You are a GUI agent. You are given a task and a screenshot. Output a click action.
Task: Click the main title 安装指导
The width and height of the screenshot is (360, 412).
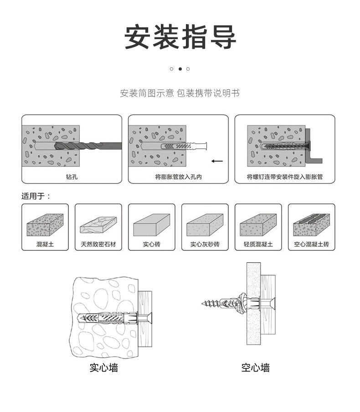tap(180, 36)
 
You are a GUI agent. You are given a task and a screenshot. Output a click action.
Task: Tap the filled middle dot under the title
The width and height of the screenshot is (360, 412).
tap(180, 69)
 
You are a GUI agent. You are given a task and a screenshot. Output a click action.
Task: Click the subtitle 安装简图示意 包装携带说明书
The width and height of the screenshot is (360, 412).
tap(180, 93)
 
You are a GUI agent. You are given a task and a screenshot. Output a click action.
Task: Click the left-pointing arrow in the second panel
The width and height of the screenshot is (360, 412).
tap(217, 161)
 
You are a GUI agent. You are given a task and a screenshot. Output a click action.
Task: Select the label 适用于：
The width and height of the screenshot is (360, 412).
tap(36, 196)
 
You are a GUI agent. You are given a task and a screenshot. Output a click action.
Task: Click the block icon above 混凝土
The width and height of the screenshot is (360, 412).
tap(45, 224)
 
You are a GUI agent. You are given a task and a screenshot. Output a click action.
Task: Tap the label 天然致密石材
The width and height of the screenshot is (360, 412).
tap(98, 244)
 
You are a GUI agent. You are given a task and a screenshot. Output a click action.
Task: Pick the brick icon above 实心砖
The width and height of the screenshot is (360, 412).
tap(151, 224)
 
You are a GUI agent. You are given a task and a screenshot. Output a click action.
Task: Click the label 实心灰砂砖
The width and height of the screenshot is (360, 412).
tap(205, 244)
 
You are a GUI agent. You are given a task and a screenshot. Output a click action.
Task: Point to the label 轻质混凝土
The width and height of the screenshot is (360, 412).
tap(258, 244)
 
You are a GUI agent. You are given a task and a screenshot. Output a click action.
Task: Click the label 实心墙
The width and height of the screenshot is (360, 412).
tap(103, 367)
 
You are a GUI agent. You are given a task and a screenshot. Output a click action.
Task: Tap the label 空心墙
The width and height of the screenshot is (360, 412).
tap(255, 367)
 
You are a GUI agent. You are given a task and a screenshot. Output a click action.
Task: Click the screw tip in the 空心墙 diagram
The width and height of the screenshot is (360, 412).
tap(203, 302)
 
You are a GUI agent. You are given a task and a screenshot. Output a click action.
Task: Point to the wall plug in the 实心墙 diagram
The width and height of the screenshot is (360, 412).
tap(107, 318)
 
